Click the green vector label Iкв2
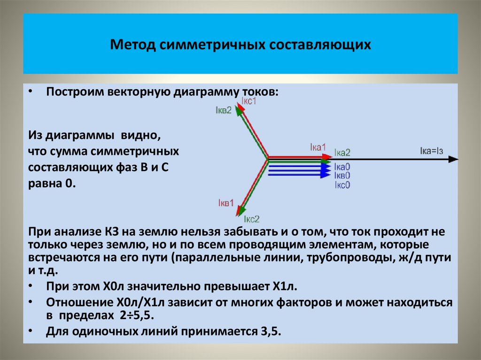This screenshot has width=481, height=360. click(223, 110)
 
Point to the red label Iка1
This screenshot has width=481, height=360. click(318, 147)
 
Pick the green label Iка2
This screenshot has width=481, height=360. click(342, 153)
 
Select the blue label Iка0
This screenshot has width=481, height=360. click(342, 167)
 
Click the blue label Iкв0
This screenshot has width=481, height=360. click(342, 176)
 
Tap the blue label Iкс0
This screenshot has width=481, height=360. click(342, 184)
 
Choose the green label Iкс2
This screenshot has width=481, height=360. click(252, 219)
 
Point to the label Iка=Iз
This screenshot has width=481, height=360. click(431, 151)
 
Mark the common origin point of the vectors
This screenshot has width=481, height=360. click(268, 159)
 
